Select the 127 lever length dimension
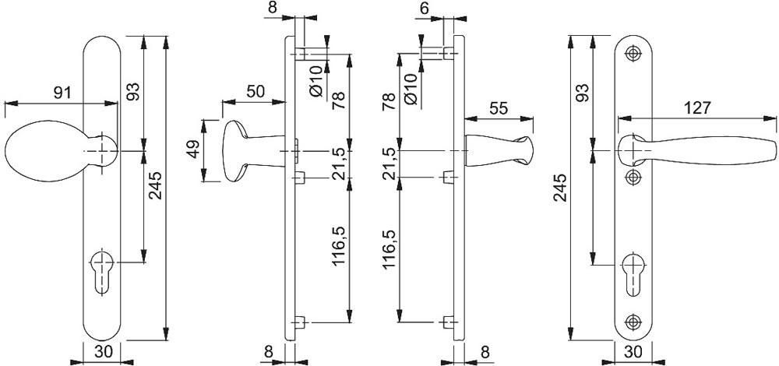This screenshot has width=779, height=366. click(x=697, y=108)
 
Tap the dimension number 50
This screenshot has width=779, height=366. click(x=254, y=90)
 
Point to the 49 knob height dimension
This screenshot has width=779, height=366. click(x=194, y=146)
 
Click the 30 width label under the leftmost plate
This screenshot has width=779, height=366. click(x=102, y=352)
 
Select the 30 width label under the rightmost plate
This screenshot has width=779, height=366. click(x=633, y=352)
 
